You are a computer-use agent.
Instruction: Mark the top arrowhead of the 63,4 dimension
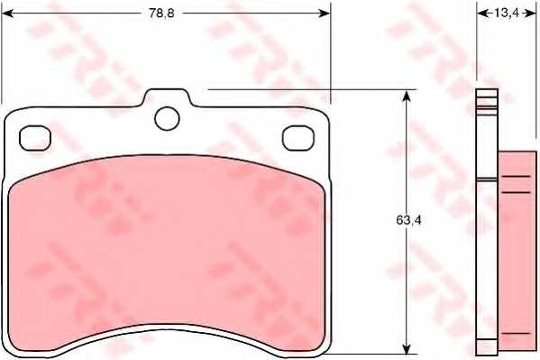click(x=407, y=95)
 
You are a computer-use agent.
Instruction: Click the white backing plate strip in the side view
click(x=487, y=226)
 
